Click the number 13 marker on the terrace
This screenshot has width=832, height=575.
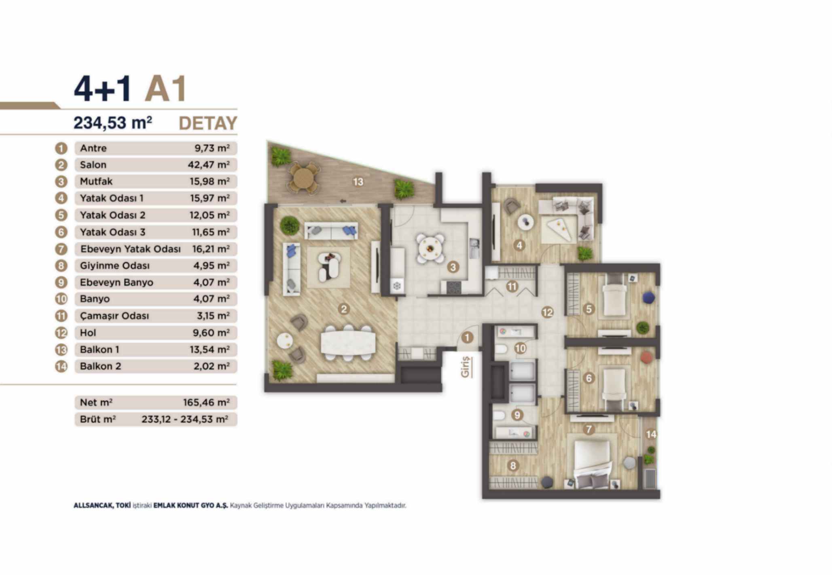pyautogui.click(x=358, y=182)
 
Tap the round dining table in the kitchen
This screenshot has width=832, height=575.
pyautogui.click(x=430, y=247)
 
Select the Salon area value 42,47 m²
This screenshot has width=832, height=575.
pyautogui.click(x=209, y=165)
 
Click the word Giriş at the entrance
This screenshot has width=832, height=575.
pyautogui.click(x=466, y=366)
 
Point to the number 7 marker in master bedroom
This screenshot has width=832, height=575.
pyautogui.click(x=589, y=430)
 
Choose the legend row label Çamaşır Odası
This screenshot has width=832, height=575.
pyautogui.click(x=114, y=316)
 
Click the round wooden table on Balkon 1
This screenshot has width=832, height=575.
pyautogui.click(x=303, y=178)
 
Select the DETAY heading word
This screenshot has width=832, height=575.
pyautogui.click(x=208, y=123)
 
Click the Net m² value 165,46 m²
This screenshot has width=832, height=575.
pyautogui.click(x=206, y=402)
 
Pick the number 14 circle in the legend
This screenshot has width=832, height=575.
pyautogui.click(x=61, y=366)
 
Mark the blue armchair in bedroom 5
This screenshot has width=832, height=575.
pyautogui.click(x=648, y=298)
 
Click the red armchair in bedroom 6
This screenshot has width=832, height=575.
pyautogui.click(x=646, y=358)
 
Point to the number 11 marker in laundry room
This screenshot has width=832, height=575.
pyautogui.click(x=512, y=286)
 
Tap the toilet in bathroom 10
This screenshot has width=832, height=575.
pyautogui.click(x=501, y=349)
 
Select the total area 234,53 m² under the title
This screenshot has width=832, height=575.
pyautogui.click(x=113, y=122)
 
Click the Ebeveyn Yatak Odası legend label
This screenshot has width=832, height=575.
pyautogui.click(x=130, y=249)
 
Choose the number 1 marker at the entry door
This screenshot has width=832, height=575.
pyautogui.click(x=467, y=337)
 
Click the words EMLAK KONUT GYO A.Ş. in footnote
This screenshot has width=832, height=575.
pyautogui.click(x=191, y=505)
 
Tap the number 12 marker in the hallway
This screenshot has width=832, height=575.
pyautogui.click(x=547, y=312)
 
